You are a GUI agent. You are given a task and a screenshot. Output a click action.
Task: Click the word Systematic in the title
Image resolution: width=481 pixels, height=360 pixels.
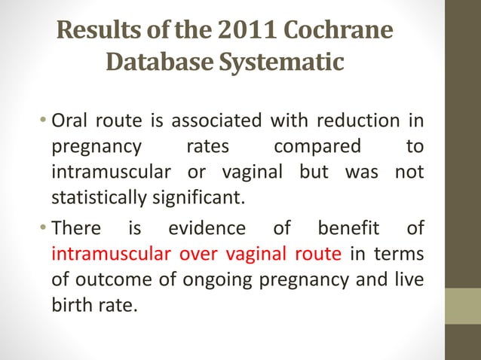pyautogui.click(x=280, y=62)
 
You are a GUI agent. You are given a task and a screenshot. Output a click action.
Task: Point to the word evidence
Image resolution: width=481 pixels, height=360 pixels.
pyautogui.click(x=207, y=228)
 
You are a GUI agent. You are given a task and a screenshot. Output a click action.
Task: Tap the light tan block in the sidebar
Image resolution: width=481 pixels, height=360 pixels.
pyautogui.click(x=463, y=306)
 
